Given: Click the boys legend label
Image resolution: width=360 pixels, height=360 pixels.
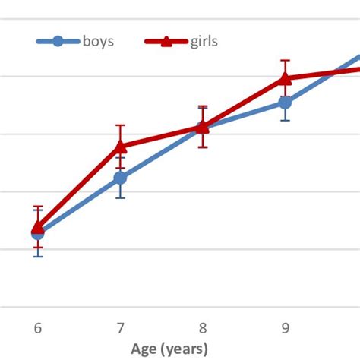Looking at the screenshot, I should coord(98,41).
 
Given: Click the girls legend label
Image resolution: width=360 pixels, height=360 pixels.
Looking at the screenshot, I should coord(204,41).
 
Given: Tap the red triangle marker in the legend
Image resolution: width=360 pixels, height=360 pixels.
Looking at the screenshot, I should coord(166,41).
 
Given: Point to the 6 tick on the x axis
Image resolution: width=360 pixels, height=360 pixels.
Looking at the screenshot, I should coord(37,328).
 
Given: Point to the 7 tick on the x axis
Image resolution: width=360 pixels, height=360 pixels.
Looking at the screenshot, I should coord(120,328).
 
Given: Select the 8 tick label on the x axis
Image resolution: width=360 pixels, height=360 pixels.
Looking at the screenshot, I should coord(203,328).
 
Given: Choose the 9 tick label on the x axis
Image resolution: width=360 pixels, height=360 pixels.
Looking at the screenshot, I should coord(285,328).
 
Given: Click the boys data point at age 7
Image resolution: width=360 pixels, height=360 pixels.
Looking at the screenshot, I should coord(120,178).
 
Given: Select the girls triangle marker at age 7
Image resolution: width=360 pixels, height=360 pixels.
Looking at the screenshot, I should coord(120,145).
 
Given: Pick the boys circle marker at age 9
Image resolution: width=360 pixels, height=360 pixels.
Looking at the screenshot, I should coord(285,103).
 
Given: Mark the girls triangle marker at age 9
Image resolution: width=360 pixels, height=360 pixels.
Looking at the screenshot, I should coord(285,77).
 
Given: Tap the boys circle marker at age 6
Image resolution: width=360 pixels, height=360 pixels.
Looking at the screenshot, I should coord(37,233).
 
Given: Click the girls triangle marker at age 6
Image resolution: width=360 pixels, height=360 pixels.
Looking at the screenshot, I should coord(37,226).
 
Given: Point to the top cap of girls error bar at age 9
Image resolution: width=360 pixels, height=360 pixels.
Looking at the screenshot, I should coord(285,60).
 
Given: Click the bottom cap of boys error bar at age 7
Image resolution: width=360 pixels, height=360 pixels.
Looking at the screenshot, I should coord(120,198).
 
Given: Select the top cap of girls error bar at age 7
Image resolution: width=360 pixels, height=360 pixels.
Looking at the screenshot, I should coord(120,125).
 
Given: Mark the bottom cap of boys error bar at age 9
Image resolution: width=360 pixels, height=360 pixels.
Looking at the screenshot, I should coord(285,121).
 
